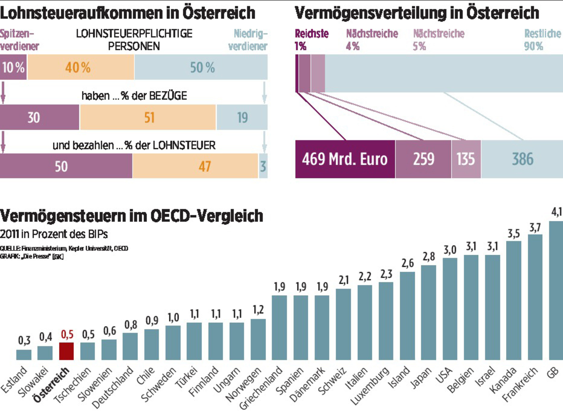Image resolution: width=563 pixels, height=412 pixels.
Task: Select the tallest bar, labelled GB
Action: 556,291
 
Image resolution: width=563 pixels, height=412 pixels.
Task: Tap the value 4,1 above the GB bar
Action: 556,213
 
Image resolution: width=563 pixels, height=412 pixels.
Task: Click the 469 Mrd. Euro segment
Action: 345,159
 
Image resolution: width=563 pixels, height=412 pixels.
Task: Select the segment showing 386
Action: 522,159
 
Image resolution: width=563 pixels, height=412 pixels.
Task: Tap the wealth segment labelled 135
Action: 466,159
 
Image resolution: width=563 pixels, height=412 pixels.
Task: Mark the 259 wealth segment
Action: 423,159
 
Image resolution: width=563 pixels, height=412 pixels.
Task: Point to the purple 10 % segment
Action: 13,68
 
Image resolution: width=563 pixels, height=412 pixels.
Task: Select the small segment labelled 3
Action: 263,166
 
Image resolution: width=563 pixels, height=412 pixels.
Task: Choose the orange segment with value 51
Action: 148,117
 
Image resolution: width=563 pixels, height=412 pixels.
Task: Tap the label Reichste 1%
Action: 312,40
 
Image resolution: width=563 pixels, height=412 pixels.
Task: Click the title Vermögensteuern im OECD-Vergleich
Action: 131,216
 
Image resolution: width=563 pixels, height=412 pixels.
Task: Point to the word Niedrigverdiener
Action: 251,40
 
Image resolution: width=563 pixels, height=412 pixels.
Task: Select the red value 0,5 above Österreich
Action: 66,335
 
